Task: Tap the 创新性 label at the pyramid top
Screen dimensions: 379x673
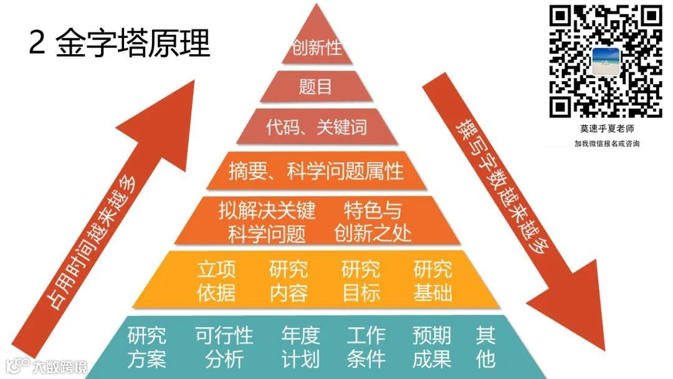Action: coord(317,48)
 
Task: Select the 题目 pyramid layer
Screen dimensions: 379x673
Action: coord(316,87)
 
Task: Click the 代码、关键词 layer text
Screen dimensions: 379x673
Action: coord(317,127)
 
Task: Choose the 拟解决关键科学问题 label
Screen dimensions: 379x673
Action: coord(267,222)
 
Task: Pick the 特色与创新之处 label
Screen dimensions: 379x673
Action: coord(373,222)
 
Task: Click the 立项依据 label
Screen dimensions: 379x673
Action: coord(216,281)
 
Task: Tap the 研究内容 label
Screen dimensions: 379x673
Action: coord(289,281)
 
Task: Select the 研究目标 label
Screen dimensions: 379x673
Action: coord(361,281)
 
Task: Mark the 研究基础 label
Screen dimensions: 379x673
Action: coord(433,281)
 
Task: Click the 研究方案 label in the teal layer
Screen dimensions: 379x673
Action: coord(147,347)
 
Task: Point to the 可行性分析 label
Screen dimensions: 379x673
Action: coord(224,347)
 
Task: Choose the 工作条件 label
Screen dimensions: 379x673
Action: coord(366,347)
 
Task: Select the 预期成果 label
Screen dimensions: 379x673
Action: coord(432,347)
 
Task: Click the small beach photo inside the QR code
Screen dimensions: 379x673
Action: coord(606,61)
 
